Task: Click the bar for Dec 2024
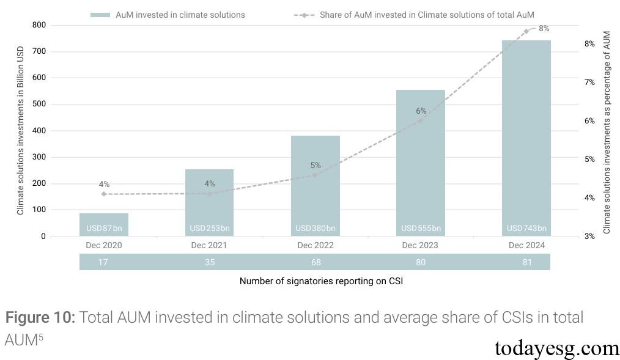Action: coord(526,138)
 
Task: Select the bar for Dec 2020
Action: coord(104,224)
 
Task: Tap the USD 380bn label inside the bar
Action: coord(315,229)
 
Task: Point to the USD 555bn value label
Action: coord(421,229)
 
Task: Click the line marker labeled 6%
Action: coord(421,120)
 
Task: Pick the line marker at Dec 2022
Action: coord(315,175)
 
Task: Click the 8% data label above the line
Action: coord(544,29)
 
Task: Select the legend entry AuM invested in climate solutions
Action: coord(167,15)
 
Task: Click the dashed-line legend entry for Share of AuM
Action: coord(415,15)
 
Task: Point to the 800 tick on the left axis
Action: coord(39,25)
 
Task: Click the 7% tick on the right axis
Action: coord(589,82)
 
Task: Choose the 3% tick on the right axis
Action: coord(589,237)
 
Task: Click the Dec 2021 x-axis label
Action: coord(209,245)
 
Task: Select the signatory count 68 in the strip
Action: coord(315,262)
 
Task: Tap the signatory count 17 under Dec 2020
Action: coord(104,262)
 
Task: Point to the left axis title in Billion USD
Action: coord(20,132)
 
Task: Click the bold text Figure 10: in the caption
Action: coord(40,318)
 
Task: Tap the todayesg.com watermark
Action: coord(556,348)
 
